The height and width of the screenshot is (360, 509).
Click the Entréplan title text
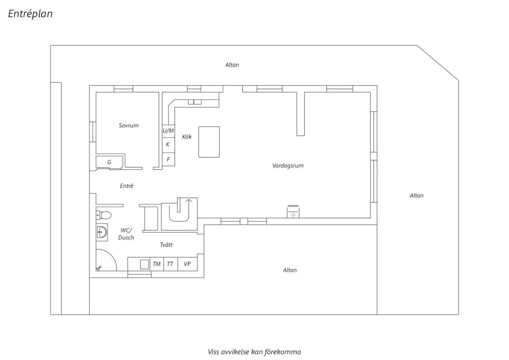coord(30,14)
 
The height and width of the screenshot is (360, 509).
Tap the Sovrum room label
coord(129,126)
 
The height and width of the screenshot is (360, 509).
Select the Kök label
coord(187,137)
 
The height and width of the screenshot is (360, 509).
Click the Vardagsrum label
coord(288,165)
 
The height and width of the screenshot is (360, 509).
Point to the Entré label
coord(127,186)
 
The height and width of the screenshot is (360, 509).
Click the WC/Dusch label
coord(126,234)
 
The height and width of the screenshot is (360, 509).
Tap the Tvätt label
coord(166,245)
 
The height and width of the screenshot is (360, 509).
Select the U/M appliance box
coord(168,131)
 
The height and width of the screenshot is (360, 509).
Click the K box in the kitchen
coord(168,145)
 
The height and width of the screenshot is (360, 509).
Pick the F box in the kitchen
coord(168,159)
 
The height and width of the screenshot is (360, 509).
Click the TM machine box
coord(156,264)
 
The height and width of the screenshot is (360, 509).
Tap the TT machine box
coord(170,264)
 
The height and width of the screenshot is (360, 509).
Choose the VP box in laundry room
coord(187,264)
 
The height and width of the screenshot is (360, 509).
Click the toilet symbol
coord(103,215)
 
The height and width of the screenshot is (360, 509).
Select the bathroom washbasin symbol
coord(102,232)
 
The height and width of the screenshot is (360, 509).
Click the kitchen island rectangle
coord(209,142)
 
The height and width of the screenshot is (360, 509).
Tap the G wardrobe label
coord(109,162)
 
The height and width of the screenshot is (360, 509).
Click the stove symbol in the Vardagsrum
coord(293,212)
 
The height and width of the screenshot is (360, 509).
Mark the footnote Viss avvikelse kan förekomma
coord(254,352)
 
